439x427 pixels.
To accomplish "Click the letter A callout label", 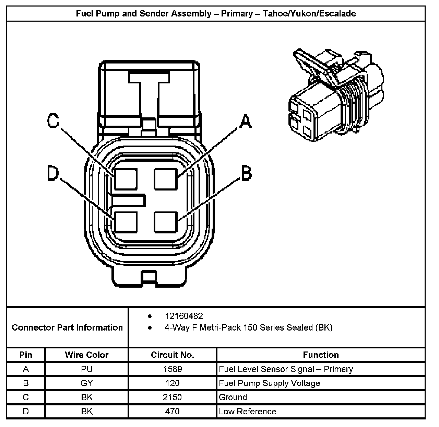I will click(245, 121).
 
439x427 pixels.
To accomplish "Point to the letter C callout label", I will click(53, 120).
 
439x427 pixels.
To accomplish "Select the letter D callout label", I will click(53, 173).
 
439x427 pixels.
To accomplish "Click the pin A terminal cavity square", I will click(166, 179).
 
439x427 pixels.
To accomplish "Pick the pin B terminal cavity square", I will click(166, 222).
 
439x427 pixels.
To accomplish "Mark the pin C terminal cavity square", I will click(126, 179).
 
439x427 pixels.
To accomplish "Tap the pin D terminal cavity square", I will click(126, 222).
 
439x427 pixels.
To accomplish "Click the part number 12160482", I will click(183, 316).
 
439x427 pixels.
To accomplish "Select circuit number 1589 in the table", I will click(173, 369).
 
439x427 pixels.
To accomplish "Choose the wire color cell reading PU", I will click(87, 369).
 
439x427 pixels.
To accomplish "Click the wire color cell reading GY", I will click(87, 383).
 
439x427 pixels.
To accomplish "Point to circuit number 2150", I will click(173, 397).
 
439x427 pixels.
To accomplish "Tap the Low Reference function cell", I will click(247, 411).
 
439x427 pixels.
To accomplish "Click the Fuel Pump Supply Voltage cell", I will click(269, 383).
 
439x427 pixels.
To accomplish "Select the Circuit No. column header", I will click(173, 355).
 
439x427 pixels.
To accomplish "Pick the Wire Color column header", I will click(87, 355).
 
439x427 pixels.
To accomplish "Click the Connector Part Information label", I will click(67, 327).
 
